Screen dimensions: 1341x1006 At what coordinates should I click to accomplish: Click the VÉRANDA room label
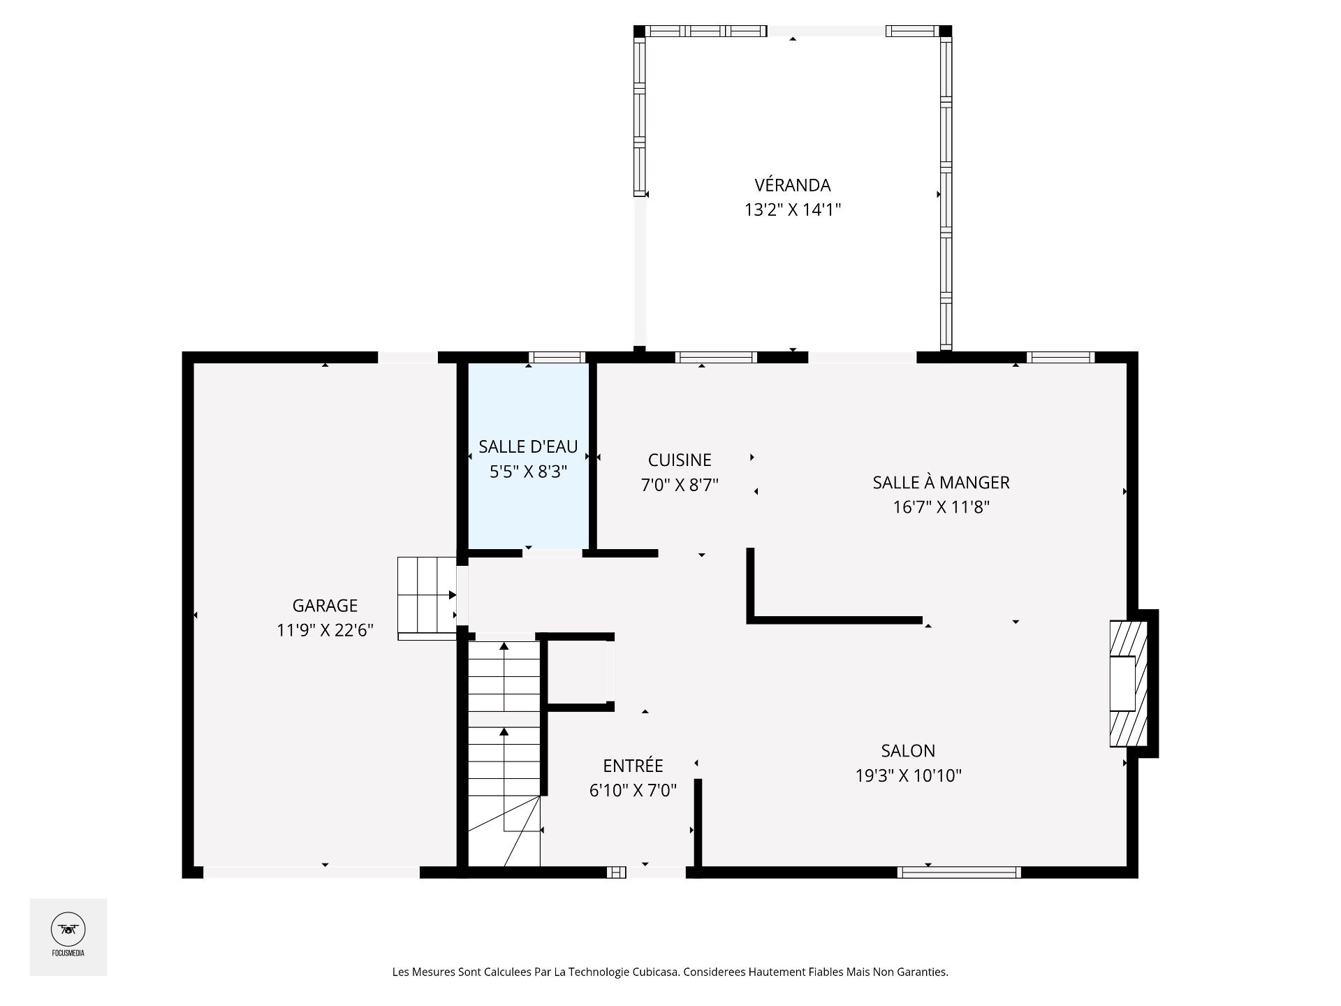tap(793, 185)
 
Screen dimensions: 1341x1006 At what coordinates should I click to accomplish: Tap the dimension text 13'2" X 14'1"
tap(793, 210)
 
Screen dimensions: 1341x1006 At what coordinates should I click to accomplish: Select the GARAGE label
tap(325, 606)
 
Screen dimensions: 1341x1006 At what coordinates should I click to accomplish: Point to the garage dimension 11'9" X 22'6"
tap(325, 631)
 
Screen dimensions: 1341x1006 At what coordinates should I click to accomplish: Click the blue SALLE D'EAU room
tap(528, 456)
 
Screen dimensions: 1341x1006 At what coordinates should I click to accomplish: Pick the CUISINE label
tap(680, 460)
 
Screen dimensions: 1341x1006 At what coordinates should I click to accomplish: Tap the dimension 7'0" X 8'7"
tap(680, 485)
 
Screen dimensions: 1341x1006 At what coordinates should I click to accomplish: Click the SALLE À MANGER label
tap(941, 482)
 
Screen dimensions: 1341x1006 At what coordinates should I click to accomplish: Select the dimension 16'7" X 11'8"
tap(941, 507)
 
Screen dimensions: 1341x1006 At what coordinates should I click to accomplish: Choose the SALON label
tap(908, 751)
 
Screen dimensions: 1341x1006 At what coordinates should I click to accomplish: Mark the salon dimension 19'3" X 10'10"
tap(908, 775)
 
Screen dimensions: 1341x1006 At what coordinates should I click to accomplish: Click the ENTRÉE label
tap(633, 766)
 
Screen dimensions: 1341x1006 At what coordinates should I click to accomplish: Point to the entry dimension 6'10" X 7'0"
tap(633, 791)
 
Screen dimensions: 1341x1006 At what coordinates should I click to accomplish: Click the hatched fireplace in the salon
tap(1129, 684)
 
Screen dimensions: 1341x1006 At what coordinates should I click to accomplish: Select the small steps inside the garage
tap(427, 598)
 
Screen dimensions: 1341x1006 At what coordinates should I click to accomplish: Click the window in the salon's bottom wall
tap(959, 872)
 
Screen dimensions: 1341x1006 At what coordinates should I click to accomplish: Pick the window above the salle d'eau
tap(557, 358)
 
